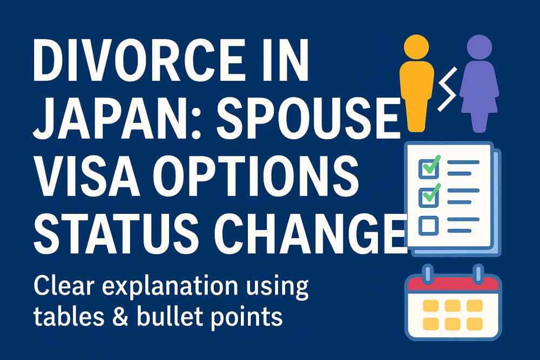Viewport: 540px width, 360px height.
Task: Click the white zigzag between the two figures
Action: tap(447, 89)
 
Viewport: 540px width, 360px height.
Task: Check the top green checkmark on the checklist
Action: tap(431, 165)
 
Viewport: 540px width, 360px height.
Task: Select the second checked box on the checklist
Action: tap(428, 196)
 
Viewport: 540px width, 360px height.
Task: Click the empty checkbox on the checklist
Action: tap(428, 226)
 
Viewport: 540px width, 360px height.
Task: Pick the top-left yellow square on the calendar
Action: tap(430, 305)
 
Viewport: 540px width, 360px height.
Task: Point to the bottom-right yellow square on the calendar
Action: tap(474, 323)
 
